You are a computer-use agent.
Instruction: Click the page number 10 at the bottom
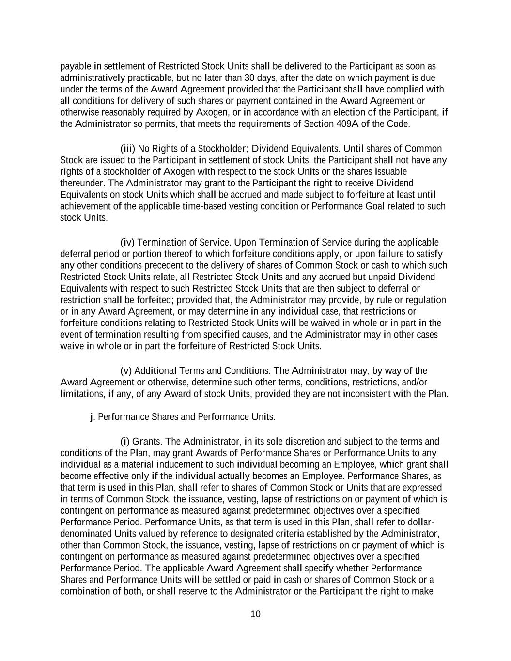[255, 615]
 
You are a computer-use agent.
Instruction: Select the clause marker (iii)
[128, 149]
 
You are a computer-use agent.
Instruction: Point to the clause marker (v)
[126, 371]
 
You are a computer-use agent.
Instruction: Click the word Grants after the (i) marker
[147, 442]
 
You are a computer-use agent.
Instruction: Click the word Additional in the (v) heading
[155, 371]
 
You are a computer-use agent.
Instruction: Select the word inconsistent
[366, 394]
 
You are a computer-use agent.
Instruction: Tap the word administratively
[89, 78]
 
